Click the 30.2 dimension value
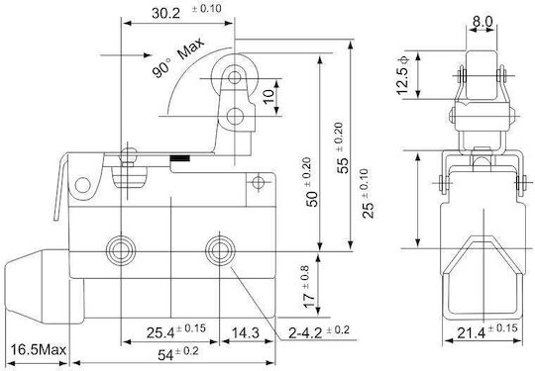point(165,14)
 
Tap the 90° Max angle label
point(177,57)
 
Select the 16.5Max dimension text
point(38,349)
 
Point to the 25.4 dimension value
point(160,332)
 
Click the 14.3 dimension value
point(246,332)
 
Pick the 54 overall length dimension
point(165,355)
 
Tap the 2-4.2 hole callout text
point(305,332)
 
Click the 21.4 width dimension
point(471,332)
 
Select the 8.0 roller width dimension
point(482,22)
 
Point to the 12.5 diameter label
point(402,75)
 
